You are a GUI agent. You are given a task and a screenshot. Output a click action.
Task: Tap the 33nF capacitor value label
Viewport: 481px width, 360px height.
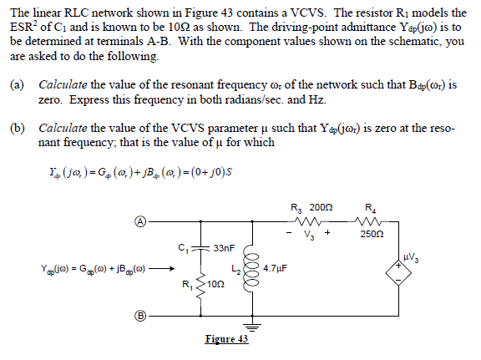[x=225, y=248]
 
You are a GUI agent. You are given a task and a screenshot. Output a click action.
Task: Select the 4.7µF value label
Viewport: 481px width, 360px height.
[x=276, y=270]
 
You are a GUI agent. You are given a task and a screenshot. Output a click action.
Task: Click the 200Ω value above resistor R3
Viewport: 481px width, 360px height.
[x=321, y=206]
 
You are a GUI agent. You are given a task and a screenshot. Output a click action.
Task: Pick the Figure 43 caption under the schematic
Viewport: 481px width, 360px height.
[x=226, y=339]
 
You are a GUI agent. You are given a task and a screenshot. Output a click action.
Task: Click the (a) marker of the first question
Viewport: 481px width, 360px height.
[x=17, y=85]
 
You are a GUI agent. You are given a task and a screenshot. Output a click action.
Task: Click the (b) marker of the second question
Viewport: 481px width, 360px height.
[x=17, y=132]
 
